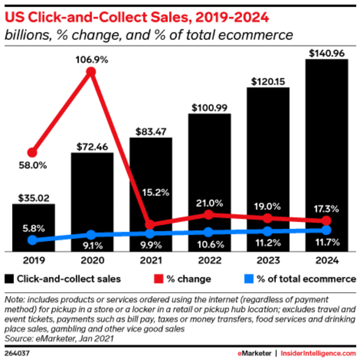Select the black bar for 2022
tap(209, 183)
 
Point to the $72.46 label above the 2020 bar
tap(92, 147)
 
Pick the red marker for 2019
tap(33, 152)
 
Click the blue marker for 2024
tap(326, 230)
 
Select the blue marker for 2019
tap(33, 240)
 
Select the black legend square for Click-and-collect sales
tap(9, 278)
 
